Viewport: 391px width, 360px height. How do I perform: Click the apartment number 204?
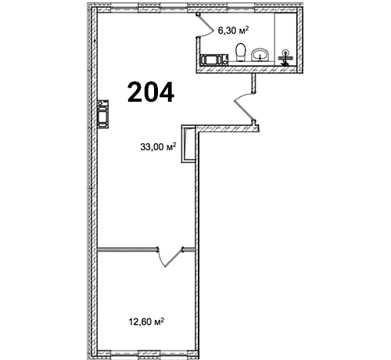[x=151, y=92]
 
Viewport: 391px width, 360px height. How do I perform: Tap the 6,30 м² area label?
[x=233, y=31]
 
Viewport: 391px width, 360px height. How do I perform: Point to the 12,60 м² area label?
[x=146, y=322]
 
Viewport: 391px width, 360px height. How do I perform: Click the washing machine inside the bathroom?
[x=214, y=59]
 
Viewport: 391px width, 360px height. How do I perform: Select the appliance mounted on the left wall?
[x=102, y=113]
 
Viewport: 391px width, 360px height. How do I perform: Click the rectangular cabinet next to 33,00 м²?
[x=188, y=144]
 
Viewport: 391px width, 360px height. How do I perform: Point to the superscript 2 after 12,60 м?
[x=163, y=319]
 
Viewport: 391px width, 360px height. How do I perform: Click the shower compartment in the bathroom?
[x=285, y=38]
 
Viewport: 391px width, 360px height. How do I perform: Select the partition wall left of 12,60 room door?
[x=127, y=250]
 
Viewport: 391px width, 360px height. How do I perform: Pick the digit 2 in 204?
[x=135, y=92]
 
